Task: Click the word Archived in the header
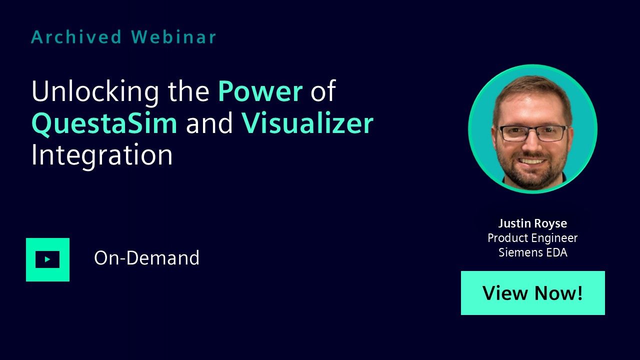[76, 37]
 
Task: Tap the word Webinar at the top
[173, 37]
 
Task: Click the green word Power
[260, 91]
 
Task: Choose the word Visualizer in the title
[307, 123]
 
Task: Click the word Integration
[102, 155]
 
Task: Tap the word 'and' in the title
[209, 123]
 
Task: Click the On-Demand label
[146, 258]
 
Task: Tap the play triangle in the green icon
[47, 259]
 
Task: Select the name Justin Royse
[532, 223]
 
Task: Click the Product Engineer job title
[532, 238]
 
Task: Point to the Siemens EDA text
[533, 252]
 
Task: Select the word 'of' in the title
[323, 91]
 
